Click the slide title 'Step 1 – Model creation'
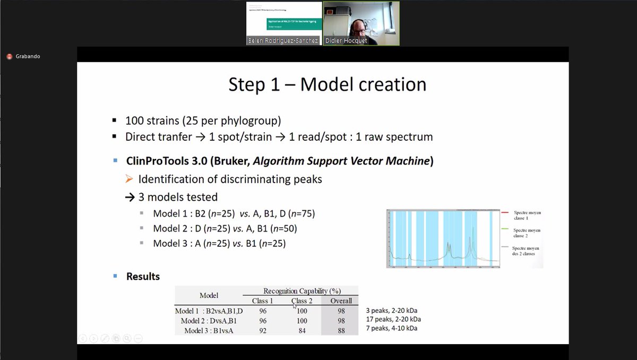coord(327,84)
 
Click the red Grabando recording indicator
coord(10,56)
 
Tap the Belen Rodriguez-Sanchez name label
coord(283,40)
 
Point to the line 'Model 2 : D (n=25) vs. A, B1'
coord(225,228)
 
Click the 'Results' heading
coord(143,276)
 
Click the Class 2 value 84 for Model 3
coord(302,330)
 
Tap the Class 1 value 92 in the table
coord(263,330)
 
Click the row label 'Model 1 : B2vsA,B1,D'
coord(209,311)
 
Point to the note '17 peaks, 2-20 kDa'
coord(393,319)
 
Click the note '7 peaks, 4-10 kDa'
coord(391,328)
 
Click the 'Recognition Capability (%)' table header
coord(302,290)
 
